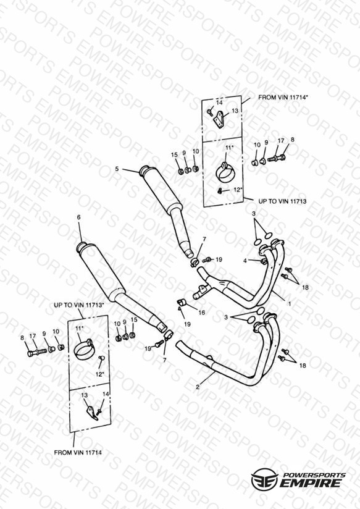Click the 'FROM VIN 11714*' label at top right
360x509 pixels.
pos(282,98)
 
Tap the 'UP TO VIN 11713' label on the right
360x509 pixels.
pos(282,201)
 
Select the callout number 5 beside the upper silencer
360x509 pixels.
pos(117,169)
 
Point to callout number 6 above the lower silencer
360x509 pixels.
pos(78,217)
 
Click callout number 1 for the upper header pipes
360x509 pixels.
pos(290,304)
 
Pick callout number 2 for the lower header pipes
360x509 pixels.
pos(198,387)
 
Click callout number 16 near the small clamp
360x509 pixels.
pos(201,313)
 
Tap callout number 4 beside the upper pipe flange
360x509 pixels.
pos(245,261)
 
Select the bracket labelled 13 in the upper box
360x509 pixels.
pos(220,119)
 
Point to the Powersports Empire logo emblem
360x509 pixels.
pos(264,479)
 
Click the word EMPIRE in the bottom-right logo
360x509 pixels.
pos(311,482)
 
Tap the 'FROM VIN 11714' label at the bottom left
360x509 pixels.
pos(78,452)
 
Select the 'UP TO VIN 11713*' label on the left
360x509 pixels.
pos(79,305)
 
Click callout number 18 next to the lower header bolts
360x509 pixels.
pos(303,366)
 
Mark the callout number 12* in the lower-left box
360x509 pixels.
pos(100,374)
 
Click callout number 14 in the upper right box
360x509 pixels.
pos(219,103)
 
